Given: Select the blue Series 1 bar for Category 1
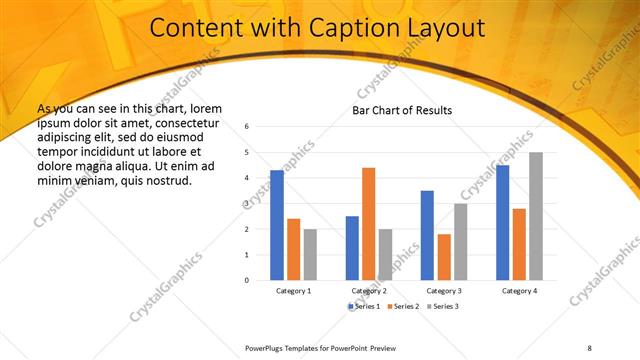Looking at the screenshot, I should pyautogui.click(x=277, y=225).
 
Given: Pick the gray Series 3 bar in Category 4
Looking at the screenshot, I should pyautogui.click(x=536, y=216).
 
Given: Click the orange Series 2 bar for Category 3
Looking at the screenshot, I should pyautogui.click(x=444, y=257).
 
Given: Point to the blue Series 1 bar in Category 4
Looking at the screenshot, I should pyautogui.click(x=502, y=222).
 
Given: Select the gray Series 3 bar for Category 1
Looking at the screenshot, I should pyautogui.click(x=310, y=254).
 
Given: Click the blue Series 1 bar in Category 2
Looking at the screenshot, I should pyautogui.click(x=352, y=248).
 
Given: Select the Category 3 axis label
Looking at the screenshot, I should pyautogui.click(x=444, y=290).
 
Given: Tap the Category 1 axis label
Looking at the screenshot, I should pyautogui.click(x=294, y=290).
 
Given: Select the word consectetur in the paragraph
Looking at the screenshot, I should pyautogui.click(x=188, y=122).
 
